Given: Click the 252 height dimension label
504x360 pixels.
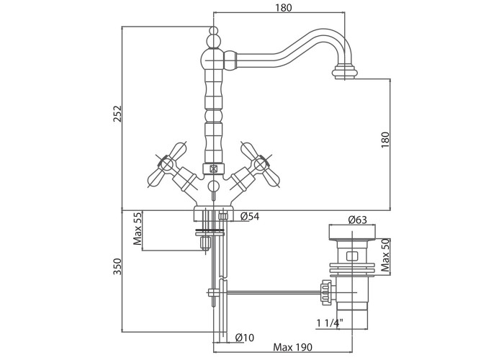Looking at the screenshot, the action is [x=117, y=114].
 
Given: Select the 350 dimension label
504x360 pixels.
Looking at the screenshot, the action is [x=117, y=266].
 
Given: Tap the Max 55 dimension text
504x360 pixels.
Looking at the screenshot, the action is [x=138, y=228].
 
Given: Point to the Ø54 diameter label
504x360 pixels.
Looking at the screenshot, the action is [x=250, y=217].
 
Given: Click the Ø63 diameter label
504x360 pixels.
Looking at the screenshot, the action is [x=357, y=220].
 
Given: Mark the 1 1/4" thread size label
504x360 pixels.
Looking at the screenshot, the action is [x=330, y=323].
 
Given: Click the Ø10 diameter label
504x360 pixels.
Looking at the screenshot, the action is [x=245, y=338].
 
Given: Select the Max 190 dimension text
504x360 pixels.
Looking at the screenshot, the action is [x=292, y=348].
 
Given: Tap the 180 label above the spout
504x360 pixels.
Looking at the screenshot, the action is [x=284, y=8].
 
